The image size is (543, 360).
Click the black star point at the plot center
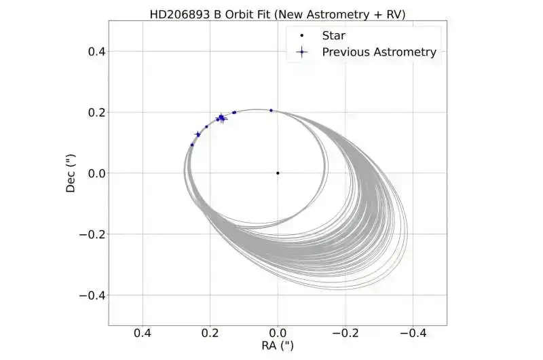pos(278,173)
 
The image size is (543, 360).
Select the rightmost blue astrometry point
pos(271,110)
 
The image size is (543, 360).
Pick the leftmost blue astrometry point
pos(192,145)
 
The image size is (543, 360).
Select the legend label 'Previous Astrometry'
pos(379,52)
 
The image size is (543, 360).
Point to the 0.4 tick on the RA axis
pos(142,333)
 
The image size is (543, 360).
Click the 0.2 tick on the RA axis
pos(210,333)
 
